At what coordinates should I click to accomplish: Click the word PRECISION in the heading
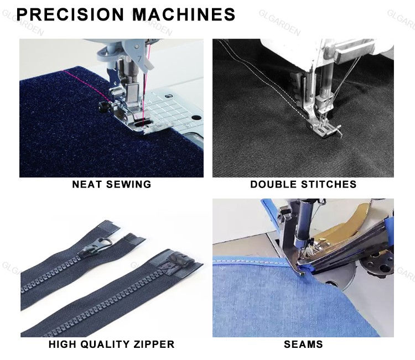click(x=70, y=14)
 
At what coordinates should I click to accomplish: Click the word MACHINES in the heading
click(x=184, y=14)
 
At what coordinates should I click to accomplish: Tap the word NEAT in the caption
click(x=87, y=184)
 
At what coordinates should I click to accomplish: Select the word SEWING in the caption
click(x=128, y=184)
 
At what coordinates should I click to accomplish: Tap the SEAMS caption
click(x=303, y=345)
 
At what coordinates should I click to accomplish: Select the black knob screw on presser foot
click(x=103, y=106)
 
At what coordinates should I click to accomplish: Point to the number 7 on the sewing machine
click(x=139, y=58)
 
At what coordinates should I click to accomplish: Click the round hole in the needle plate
click(x=195, y=118)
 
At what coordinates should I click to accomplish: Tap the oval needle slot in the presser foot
click(x=141, y=123)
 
